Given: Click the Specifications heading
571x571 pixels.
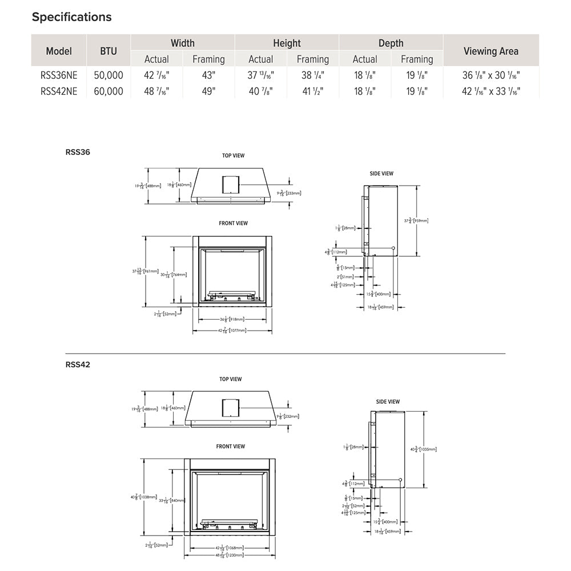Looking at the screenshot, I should [x=71, y=17].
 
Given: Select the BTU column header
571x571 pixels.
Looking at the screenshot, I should [x=108, y=51].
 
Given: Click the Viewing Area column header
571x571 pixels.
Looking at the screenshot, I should [x=490, y=51].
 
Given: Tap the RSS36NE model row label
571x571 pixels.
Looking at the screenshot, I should [x=59, y=75].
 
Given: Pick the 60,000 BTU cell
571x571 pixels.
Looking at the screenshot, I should [x=108, y=91].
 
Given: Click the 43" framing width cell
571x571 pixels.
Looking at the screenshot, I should [x=208, y=75].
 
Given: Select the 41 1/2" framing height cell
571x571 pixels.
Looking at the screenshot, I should [x=312, y=91].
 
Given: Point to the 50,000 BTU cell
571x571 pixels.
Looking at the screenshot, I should [x=108, y=75].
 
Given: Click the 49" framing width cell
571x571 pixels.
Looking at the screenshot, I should [x=208, y=91].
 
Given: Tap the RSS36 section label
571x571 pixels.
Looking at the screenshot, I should [x=78, y=152].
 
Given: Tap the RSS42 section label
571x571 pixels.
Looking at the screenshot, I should [x=78, y=365].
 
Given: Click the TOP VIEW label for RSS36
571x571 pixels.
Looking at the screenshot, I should [x=233, y=156].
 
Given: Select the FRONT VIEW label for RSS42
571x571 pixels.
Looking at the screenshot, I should [x=231, y=447].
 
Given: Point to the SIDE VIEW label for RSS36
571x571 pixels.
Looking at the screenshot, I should [x=381, y=174].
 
